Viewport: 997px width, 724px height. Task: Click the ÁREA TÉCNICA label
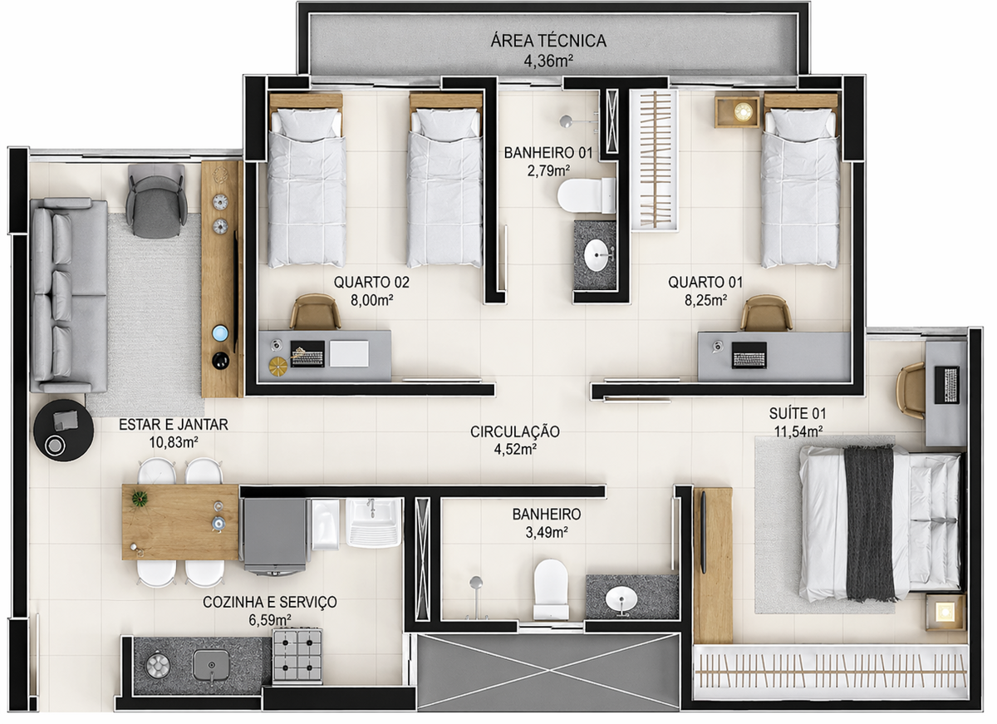[549, 41]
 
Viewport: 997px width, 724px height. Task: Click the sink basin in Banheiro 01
[596, 256]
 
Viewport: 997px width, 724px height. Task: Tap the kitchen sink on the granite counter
[211, 665]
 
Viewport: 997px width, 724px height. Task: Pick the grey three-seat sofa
[68, 295]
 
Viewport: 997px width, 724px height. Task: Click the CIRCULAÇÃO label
[514, 432]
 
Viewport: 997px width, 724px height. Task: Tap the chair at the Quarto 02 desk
[315, 313]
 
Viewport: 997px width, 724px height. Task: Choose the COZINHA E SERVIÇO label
[269, 602]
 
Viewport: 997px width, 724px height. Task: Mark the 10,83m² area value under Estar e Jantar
[173, 442]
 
